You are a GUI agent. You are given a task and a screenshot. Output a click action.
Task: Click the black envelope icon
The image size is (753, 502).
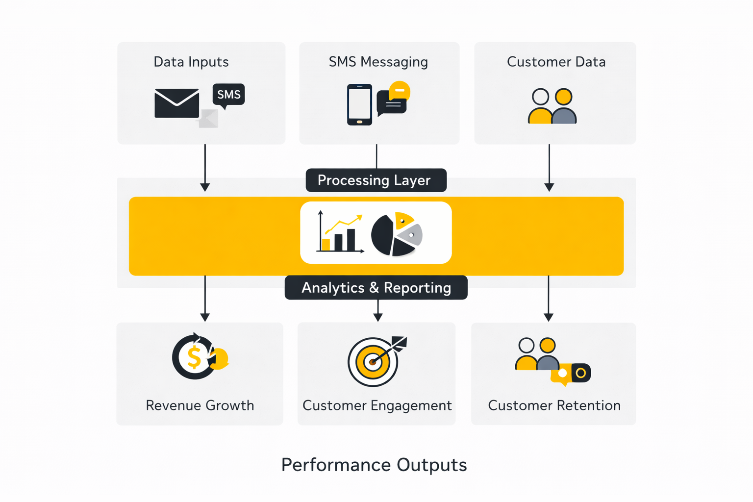(x=176, y=103)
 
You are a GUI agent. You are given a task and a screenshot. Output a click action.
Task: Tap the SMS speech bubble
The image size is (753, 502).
(x=228, y=95)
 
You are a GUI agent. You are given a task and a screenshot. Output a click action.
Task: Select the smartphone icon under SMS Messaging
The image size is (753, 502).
(x=359, y=104)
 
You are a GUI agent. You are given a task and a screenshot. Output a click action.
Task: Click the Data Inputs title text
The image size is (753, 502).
(x=191, y=62)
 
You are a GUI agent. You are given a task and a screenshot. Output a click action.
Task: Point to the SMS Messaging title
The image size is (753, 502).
(x=378, y=62)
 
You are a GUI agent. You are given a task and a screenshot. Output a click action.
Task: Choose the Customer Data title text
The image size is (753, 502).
(x=556, y=62)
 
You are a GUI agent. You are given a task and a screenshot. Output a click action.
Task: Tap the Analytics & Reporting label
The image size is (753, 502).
(x=376, y=288)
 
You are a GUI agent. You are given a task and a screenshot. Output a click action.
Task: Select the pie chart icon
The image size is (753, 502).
(x=396, y=234)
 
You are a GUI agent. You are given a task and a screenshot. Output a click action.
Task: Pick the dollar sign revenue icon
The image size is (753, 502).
(x=195, y=357)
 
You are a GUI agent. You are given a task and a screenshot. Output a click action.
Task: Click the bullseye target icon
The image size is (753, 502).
(x=374, y=362)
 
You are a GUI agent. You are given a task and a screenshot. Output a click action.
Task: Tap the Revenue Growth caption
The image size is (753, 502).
(x=200, y=405)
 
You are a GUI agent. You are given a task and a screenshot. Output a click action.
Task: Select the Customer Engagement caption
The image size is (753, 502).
(x=376, y=405)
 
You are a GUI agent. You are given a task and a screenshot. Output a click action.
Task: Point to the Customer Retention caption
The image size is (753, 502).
(x=554, y=405)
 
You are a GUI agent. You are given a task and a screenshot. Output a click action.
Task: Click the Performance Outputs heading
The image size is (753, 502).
(x=374, y=465)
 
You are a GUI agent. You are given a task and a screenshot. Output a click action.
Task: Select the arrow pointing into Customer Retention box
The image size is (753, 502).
(x=549, y=299)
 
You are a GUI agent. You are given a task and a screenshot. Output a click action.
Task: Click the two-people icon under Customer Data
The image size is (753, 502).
(x=552, y=106)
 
